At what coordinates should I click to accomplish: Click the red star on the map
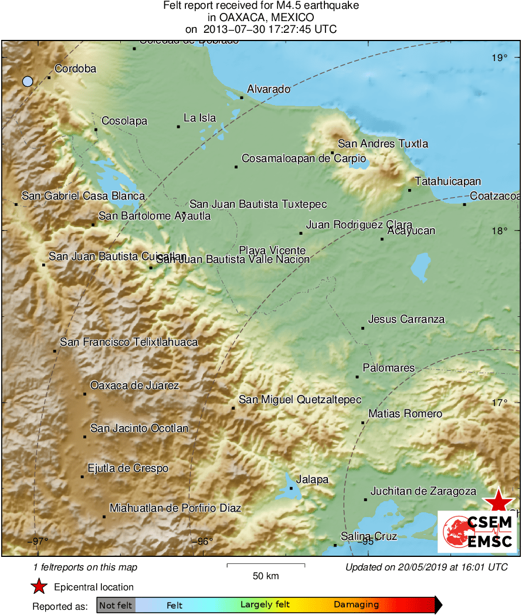(x=498, y=501)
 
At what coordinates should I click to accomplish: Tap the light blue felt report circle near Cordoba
(x=28, y=82)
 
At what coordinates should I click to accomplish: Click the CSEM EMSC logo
(x=477, y=532)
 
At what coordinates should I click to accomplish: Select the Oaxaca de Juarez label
(x=134, y=386)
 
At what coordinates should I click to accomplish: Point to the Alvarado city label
(x=269, y=89)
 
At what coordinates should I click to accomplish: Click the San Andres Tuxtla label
(x=383, y=144)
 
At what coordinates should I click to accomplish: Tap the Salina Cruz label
(x=369, y=536)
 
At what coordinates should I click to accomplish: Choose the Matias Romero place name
(x=405, y=414)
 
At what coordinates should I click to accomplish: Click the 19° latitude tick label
(x=500, y=58)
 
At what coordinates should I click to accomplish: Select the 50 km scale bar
(x=266, y=566)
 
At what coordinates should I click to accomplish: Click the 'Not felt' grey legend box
(x=116, y=605)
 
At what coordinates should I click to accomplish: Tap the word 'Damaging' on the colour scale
(x=356, y=605)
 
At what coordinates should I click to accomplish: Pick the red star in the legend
(x=39, y=587)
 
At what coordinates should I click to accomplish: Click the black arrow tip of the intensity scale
(x=439, y=605)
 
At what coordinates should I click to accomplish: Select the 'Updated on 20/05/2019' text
(x=426, y=567)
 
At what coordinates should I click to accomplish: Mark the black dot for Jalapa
(x=291, y=488)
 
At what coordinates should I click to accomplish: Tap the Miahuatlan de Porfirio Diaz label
(x=175, y=508)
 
